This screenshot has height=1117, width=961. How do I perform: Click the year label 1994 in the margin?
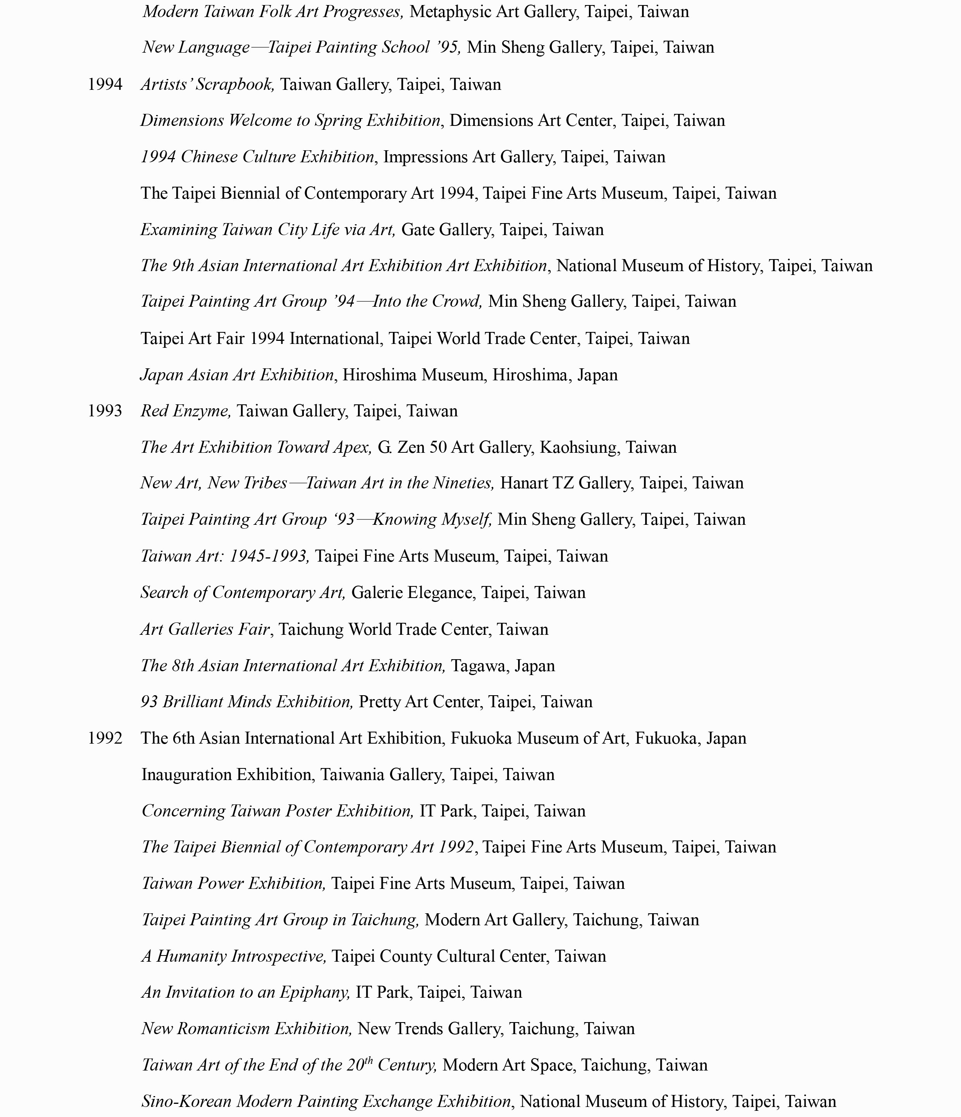[105, 85]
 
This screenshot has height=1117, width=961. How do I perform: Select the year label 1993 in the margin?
[105, 411]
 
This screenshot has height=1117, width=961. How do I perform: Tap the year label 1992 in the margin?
[105, 738]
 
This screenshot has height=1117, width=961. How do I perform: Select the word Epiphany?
[315, 992]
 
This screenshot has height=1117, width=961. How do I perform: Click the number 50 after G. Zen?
[438, 447]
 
